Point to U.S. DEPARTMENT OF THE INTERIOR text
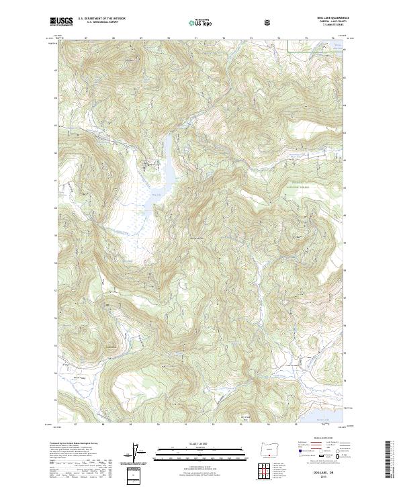(101, 19)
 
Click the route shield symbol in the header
(269, 22)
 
